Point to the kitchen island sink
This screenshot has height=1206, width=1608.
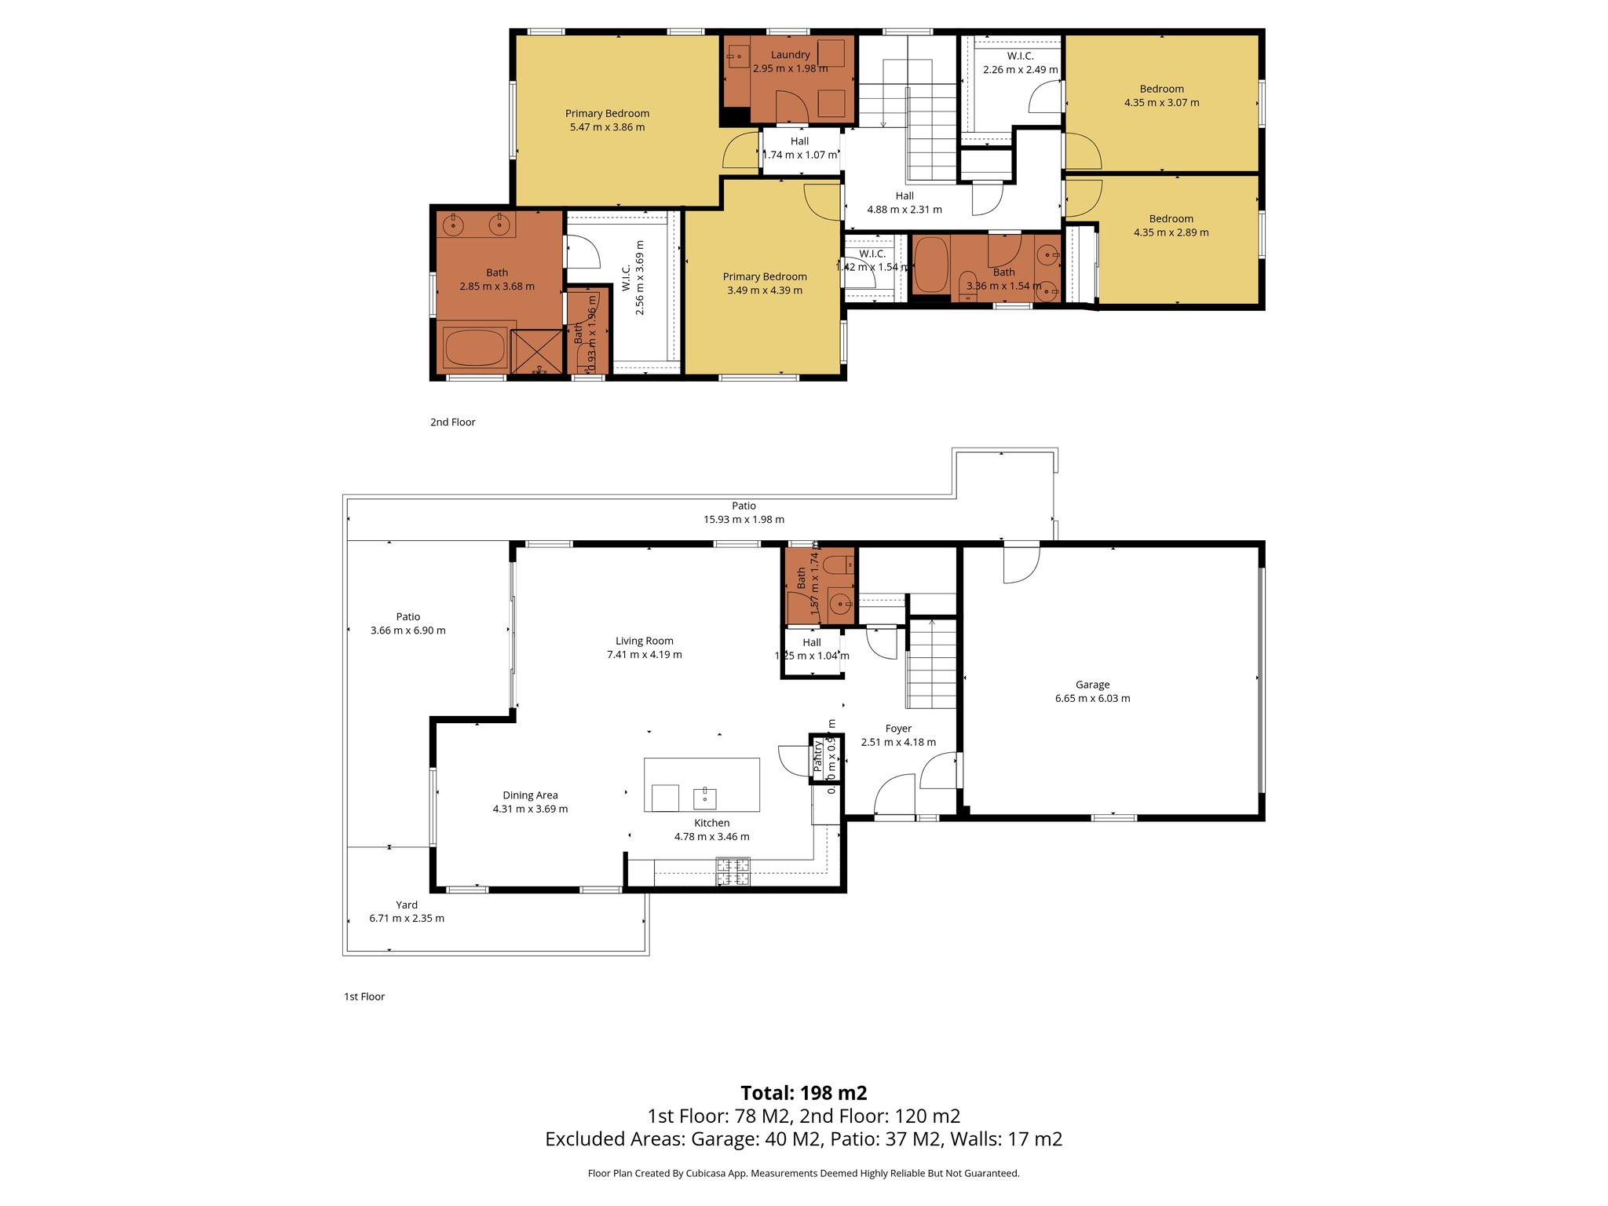click(x=704, y=799)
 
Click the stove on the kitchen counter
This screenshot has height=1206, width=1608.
click(x=733, y=872)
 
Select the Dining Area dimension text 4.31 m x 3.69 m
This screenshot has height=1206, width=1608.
click(x=530, y=809)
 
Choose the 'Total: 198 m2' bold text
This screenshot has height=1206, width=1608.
click(x=803, y=1093)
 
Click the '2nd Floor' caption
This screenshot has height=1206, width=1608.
click(x=452, y=422)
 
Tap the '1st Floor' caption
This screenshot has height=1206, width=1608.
click(x=364, y=996)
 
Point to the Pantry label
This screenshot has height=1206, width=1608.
click(x=817, y=755)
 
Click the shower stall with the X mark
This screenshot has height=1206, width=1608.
click(x=537, y=352)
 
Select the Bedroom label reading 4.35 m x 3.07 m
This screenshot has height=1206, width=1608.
click(x=1161, y=96)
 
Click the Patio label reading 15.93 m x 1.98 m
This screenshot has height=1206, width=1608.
click(x=744, y=513)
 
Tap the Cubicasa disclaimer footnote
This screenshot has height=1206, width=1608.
click(x=803, y=1173)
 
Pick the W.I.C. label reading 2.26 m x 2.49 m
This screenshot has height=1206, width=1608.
click(x=1020, y=63)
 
